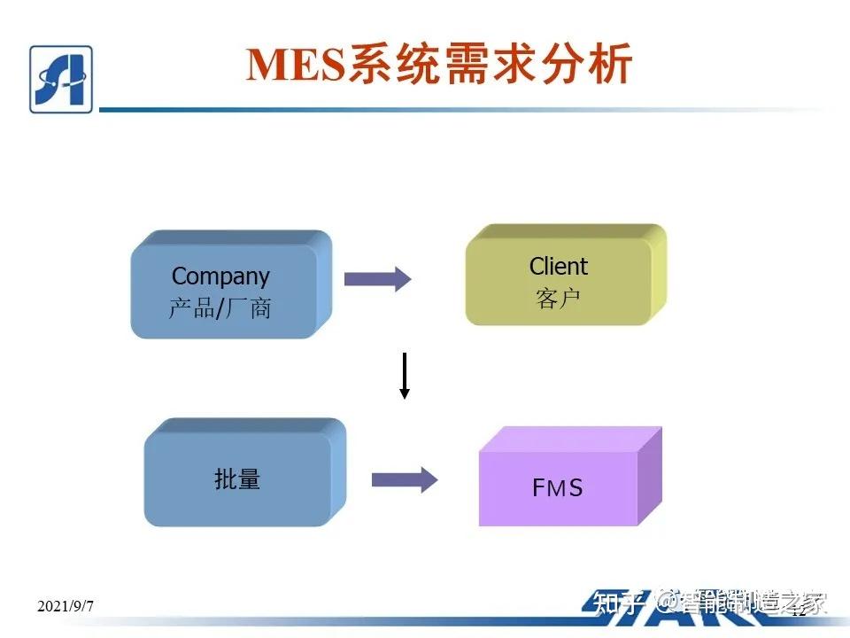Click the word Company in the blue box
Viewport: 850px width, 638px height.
pos(220,276)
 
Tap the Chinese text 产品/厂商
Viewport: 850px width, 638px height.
pos(220,308)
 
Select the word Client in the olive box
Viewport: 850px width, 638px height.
pos(558,266)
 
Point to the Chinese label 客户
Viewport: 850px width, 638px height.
pos(558,299)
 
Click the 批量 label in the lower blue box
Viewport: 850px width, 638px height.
pos(237,479)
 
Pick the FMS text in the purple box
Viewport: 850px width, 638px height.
pos(558,487)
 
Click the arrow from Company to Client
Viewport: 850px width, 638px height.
pos(377,279)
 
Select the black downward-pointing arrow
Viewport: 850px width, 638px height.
pos(405,376)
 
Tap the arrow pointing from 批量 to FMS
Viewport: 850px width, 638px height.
pos(404,480)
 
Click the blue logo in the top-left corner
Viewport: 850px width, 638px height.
pos(60,79)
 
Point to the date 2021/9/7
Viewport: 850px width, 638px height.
pos(66,606)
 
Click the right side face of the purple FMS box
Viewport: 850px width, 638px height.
pos(650,477)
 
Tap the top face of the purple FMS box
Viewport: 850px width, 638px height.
pos(571,440)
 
